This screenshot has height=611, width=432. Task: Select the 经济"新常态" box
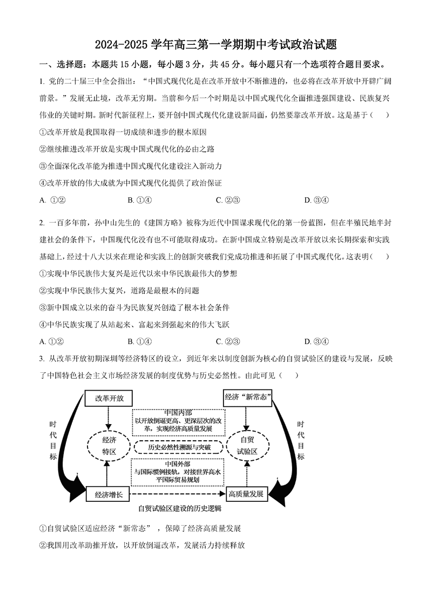pyautogui.click(x=247, y=398)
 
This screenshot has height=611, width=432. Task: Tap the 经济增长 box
pyautogui.click(x=109, y=494)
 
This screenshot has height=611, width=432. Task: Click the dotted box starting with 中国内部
pyautogui.click(x=178, y=421)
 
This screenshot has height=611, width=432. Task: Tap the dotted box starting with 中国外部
pyautogui.click(x=178, y=472)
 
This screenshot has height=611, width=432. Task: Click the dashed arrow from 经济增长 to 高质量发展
pyautogui.click(x=178, y=494)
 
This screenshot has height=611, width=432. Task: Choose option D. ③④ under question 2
pyautogui.click(x=316, y=341)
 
